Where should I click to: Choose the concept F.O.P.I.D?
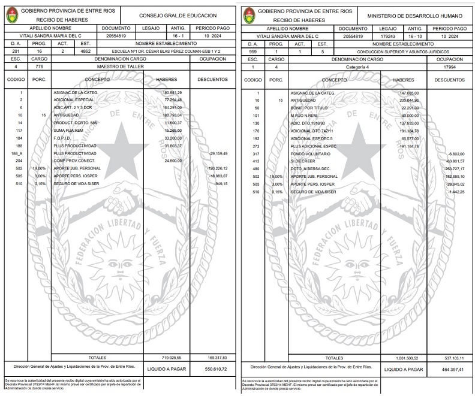point(64,138)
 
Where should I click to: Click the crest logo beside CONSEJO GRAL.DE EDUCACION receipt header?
point(11,15)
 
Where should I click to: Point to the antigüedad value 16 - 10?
point(415,36)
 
